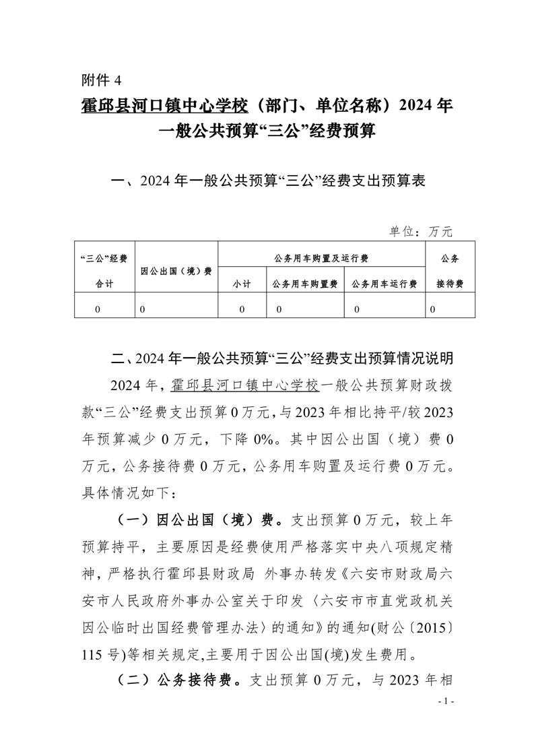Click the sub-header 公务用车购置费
304,284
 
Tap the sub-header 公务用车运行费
384,284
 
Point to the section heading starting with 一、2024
267,181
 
